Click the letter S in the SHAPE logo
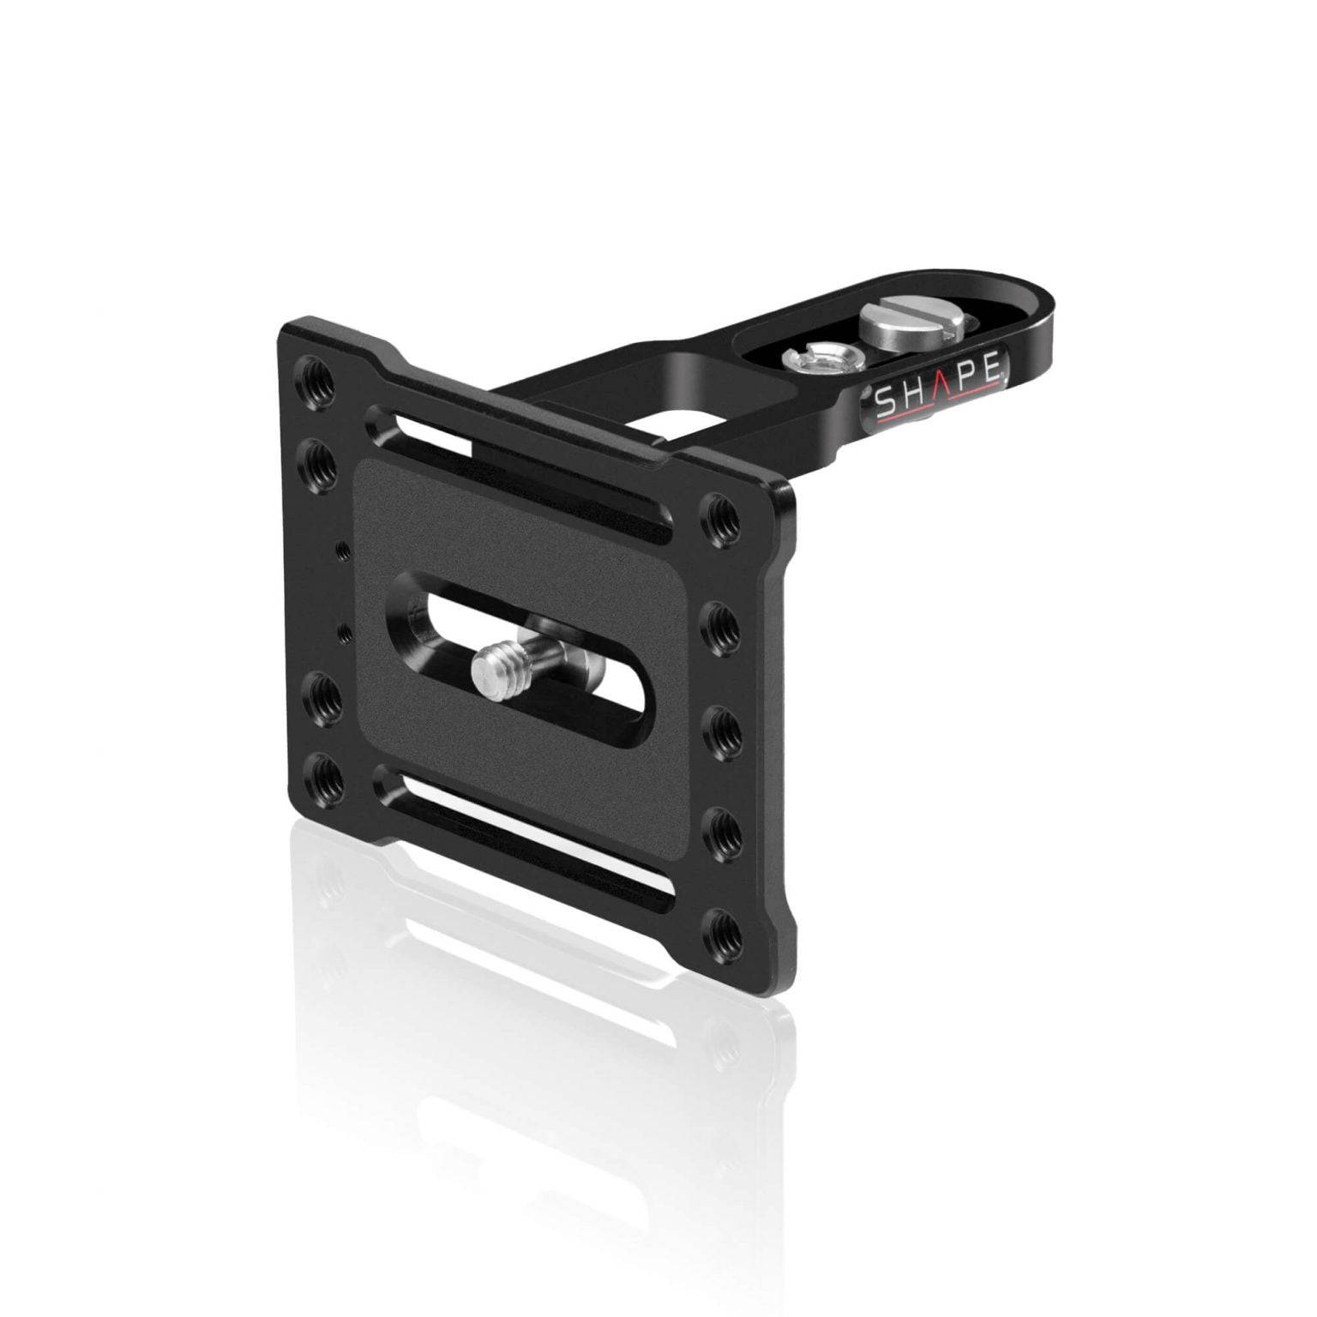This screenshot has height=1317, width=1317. click(x=884, y=402)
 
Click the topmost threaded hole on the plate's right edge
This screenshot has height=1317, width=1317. click(x=719, y=516)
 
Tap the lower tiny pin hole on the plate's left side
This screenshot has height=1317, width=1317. click(x=346, y=633)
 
